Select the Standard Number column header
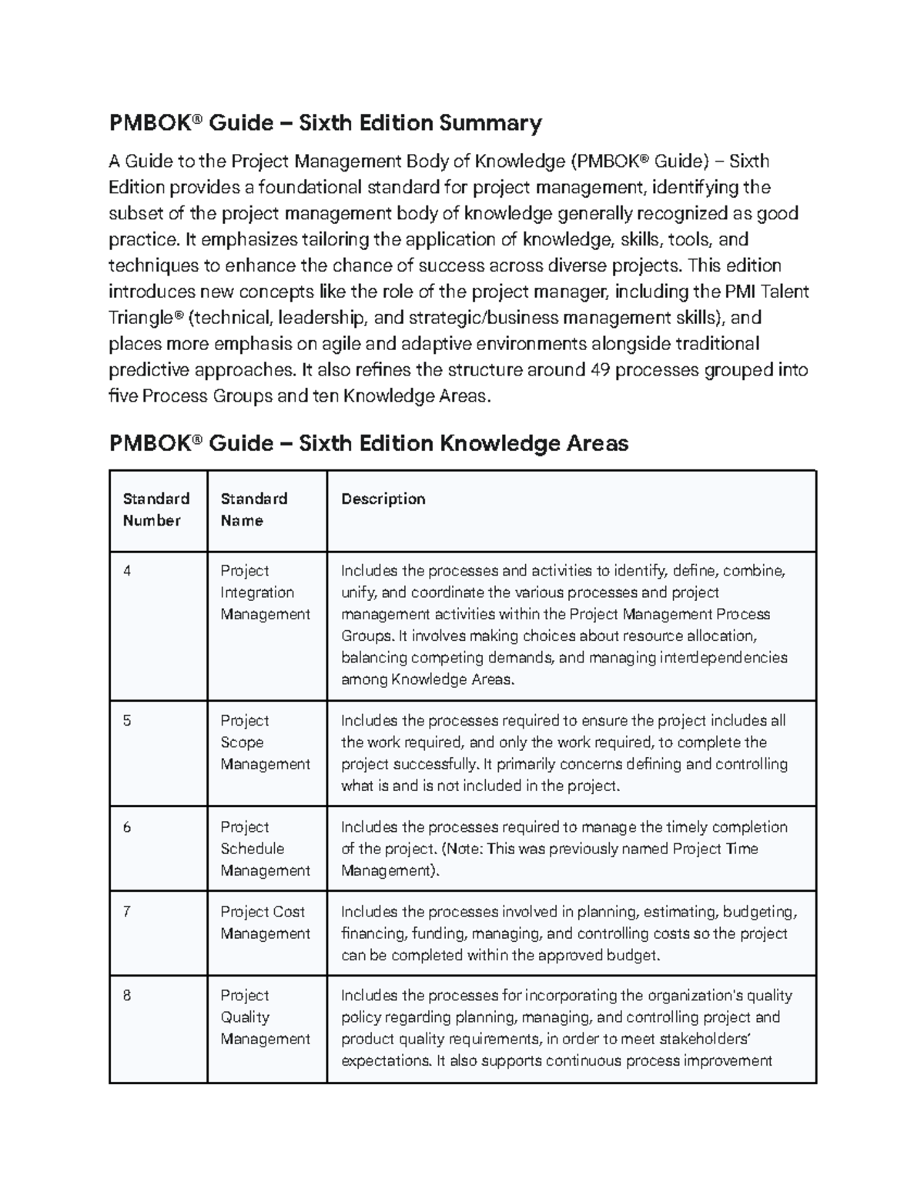156,509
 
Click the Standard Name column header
254,509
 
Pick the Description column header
383,499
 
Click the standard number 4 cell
127,571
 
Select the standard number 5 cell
127,721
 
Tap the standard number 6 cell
127,827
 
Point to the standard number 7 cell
127,912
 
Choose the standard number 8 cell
127,996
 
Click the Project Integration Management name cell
264,592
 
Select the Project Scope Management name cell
264,743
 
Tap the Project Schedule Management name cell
264,849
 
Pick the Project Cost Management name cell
264,923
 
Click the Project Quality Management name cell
264,1017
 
